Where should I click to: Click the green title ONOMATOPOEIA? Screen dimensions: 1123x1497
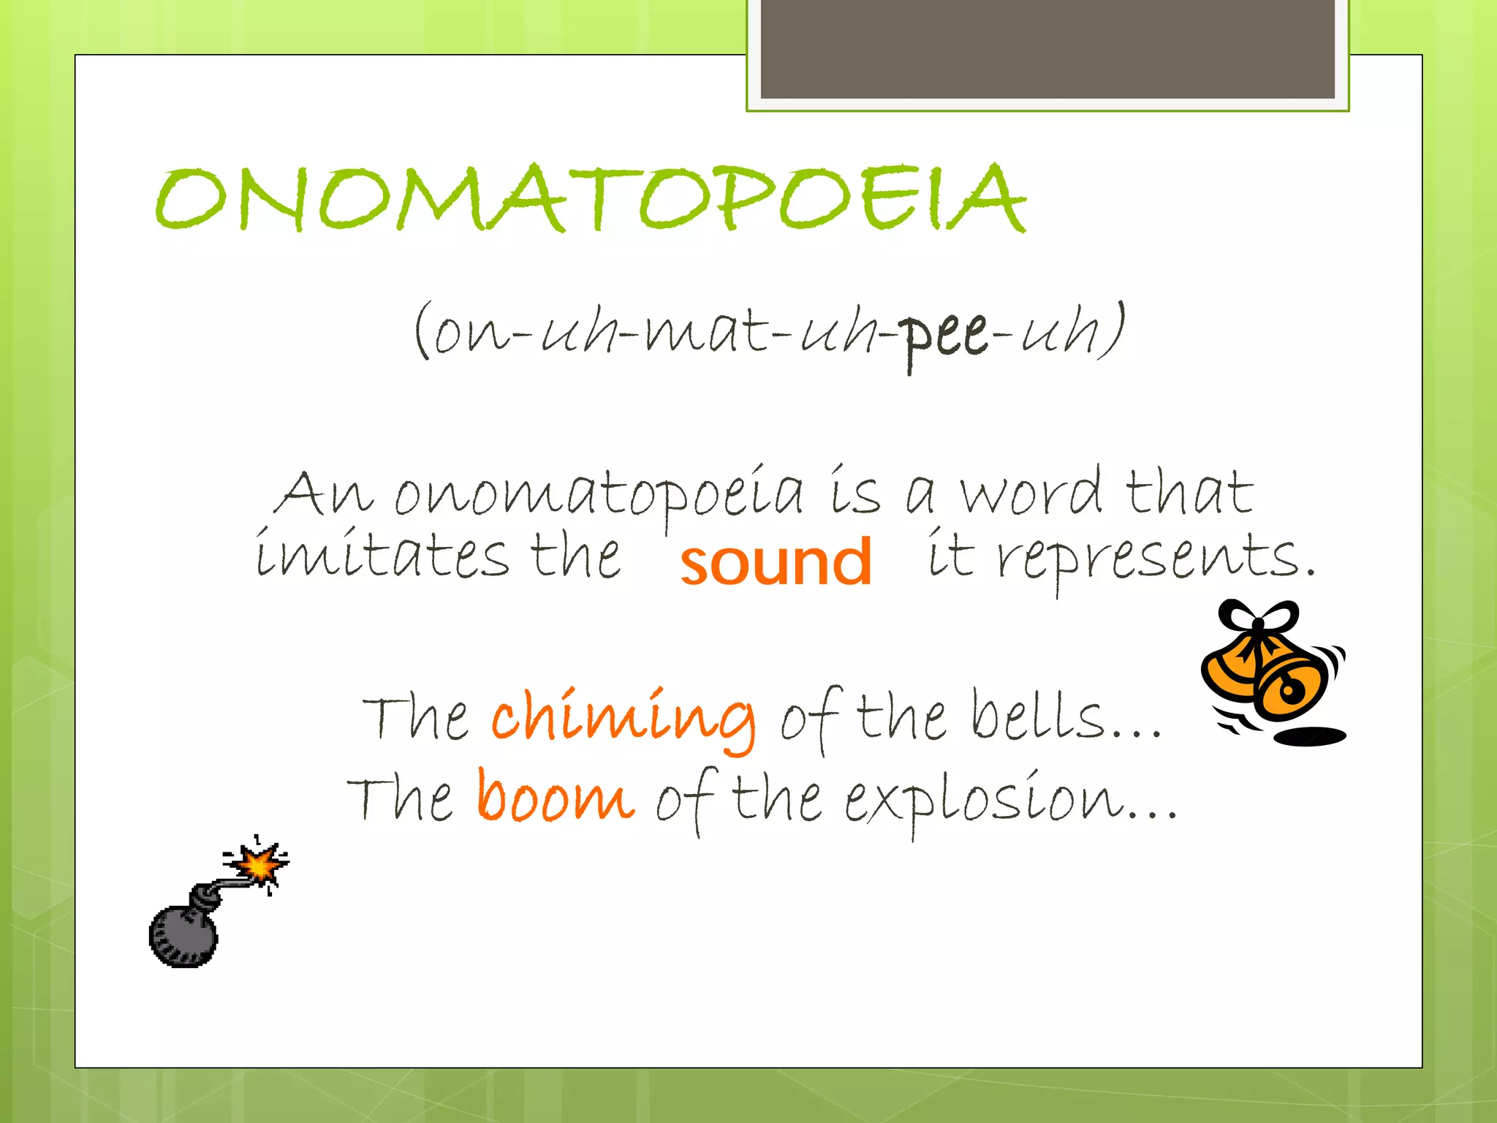[591, 197]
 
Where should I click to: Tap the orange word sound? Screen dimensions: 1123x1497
[776, 561]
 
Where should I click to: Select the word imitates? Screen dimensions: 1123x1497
[381, 556]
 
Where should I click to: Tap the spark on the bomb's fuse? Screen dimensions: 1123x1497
[257, 865]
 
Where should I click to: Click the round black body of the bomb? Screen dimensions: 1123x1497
[183, 937]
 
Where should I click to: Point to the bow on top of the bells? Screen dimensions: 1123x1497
[1259, 618]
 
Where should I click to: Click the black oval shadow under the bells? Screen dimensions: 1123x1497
[1308, 736]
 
